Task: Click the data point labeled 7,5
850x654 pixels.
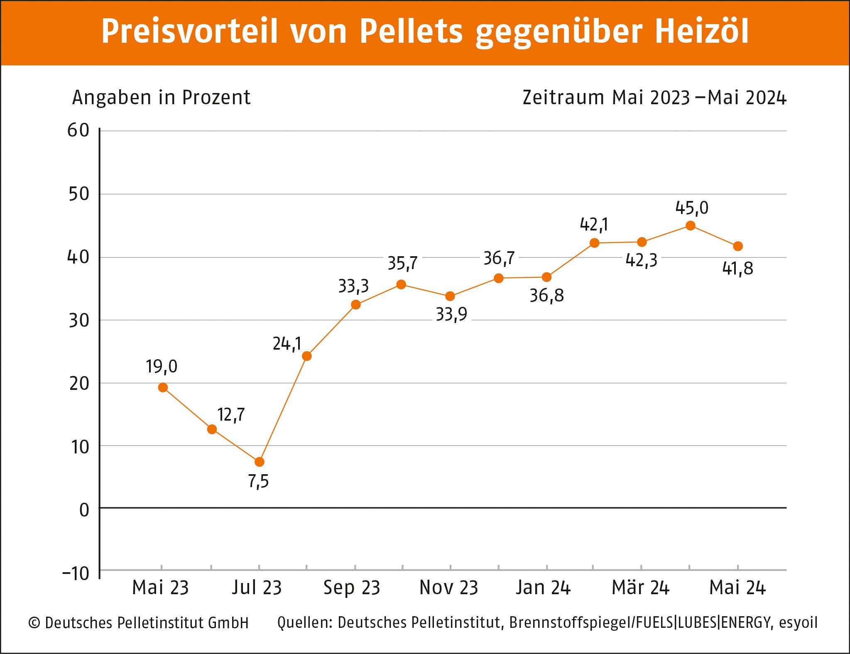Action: [259, 462]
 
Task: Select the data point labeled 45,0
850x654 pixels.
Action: [690, 226]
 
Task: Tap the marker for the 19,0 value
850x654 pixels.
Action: [163, 387]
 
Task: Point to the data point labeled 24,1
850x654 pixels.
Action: [306, 356]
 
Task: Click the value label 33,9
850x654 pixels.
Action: [451, 315]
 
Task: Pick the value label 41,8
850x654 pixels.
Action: [737, 269]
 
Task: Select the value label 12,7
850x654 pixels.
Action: [231, 415]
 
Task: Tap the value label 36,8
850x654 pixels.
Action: [546, 296]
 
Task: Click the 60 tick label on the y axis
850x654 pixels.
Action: [78, 131]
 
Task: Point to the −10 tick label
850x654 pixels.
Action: [76, 573]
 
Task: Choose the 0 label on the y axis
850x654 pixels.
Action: [84, 510]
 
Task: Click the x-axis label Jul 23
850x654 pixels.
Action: [257, 588]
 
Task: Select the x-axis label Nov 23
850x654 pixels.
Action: [449, 588]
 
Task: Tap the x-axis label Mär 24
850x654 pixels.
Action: [640, 588]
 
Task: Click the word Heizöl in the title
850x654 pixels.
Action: [702, 32]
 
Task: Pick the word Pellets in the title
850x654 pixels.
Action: [411, 32]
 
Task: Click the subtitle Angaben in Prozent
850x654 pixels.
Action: [161, 98]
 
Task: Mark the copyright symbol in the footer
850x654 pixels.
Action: [34, 623]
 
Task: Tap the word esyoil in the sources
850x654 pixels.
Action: [798, 623]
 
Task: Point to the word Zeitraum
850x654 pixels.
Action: [563, 98]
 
